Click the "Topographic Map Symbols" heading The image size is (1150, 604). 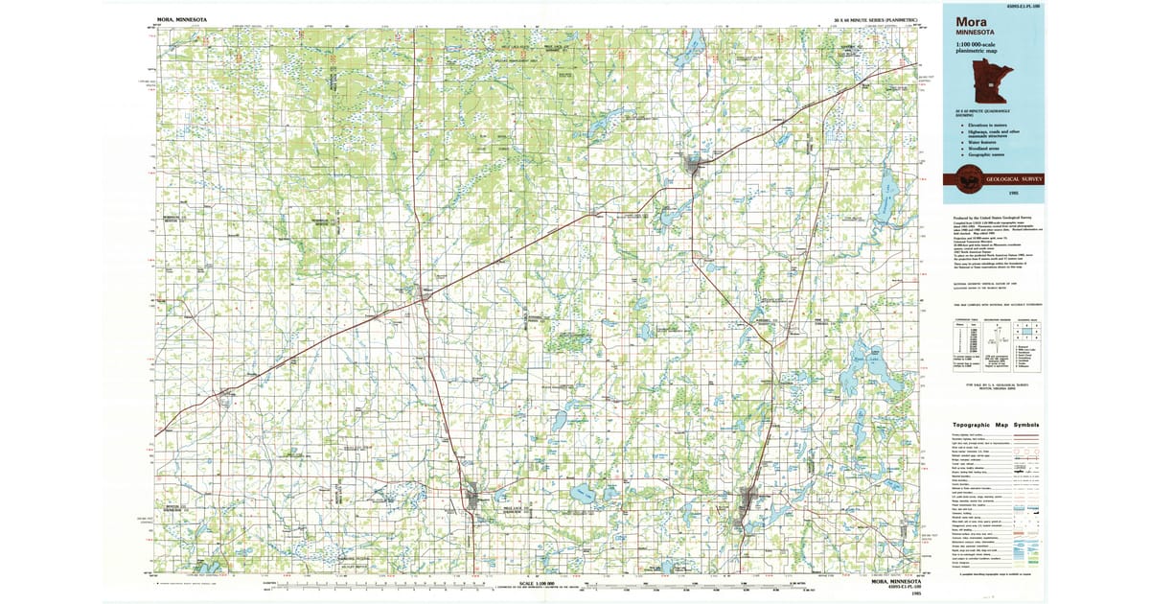996,425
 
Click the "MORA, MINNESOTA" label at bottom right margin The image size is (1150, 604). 897,582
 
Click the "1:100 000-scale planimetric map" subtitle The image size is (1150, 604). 978,50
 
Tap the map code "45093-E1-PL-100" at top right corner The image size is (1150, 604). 1023,7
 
